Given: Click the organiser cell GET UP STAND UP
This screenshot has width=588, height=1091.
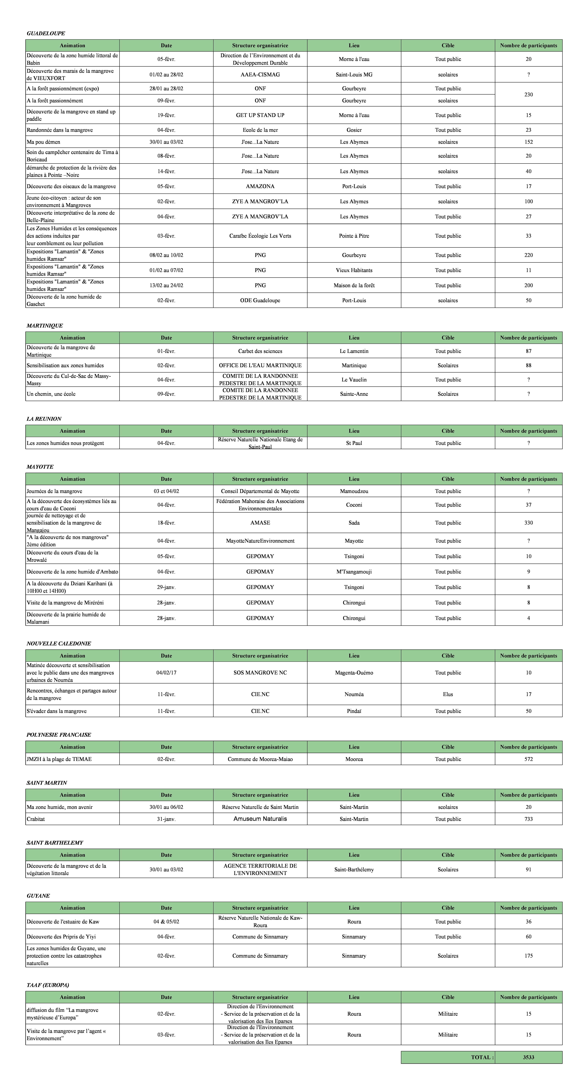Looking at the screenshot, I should (260, 115).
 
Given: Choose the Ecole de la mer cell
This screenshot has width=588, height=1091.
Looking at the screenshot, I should (260, 130).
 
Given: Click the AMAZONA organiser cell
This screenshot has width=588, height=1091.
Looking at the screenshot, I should (260, 186).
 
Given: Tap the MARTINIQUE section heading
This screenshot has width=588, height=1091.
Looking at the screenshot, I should (45, 326).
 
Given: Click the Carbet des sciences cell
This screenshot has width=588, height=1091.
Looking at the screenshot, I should (260, 351).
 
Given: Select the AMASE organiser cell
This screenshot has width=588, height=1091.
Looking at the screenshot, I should (260, 523).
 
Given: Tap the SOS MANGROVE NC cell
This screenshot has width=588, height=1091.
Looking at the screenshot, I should (260, 673).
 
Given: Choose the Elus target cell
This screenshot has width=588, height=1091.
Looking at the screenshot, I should (448, 694).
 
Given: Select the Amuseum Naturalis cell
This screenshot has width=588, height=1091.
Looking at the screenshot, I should (260, 819).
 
